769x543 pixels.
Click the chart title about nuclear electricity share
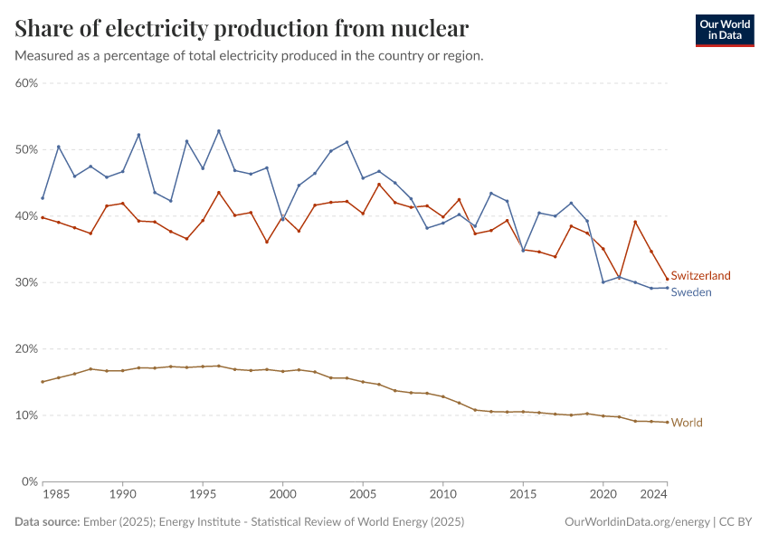click(x=242, y=28)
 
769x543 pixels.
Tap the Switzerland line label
click(x=700, y=275)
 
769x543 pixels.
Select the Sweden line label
click(x=690, y=292)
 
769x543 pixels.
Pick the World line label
click(x=686, y=423)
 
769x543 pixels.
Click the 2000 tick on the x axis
click(x=282, y=495)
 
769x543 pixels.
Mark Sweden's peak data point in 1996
click(x=219, y=131)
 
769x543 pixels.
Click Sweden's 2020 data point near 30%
click(x=603, y=281)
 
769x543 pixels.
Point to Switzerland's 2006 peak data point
click(x=379, y=185)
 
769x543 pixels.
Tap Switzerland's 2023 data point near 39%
click(x=635, y=222)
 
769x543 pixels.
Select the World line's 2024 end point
click(x=667, y=423)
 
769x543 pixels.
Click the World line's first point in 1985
click(x=43, y=382)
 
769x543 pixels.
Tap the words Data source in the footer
click(x=44, y=522)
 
